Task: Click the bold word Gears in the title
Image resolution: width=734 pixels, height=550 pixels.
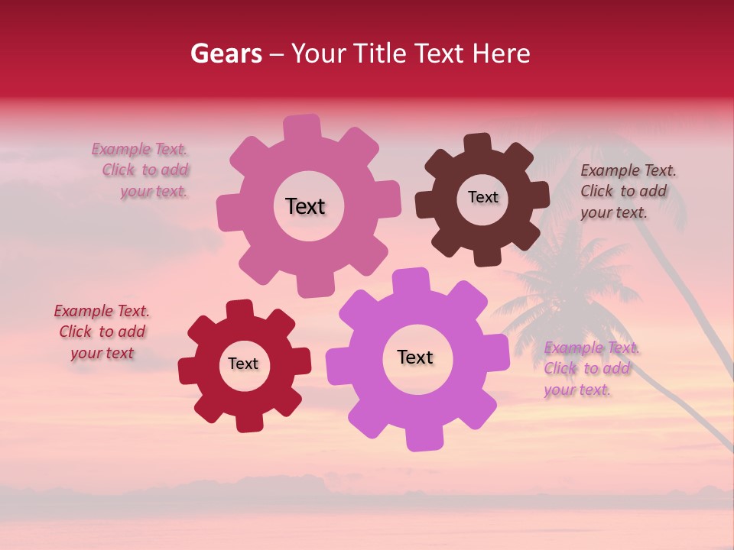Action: click(x=226, y=53)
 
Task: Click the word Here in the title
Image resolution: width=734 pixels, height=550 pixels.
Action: click(x=502, y=53)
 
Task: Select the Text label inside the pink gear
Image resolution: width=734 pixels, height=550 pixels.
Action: click(x=305, y=206)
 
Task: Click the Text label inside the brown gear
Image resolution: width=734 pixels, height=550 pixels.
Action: click(x=482, y=197)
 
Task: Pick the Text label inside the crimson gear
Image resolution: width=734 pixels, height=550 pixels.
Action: click(x=243, y=364)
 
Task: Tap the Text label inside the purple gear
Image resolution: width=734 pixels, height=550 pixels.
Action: click(x=415, y=357)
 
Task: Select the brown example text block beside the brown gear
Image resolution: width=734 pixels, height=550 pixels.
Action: click(x=628, y=191)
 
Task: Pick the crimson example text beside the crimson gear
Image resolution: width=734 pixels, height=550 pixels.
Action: click(x=102, y=332)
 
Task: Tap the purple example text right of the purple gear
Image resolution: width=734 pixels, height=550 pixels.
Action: click(x=591, y=369)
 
